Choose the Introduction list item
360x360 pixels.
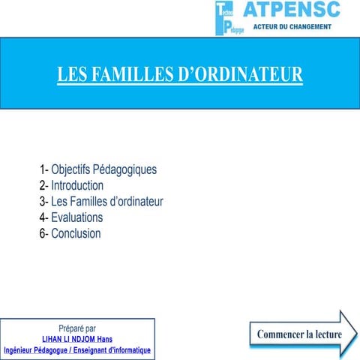pos(77,185)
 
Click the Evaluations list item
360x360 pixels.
pos(76,217)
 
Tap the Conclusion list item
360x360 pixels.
pos(75,233)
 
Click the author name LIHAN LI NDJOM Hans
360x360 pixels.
pos(77,339)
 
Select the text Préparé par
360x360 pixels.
pos(77,328)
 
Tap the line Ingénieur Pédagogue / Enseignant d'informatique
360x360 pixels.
pos(77,350)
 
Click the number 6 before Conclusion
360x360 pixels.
pos(42,233)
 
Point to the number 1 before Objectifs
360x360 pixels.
pos(42,169)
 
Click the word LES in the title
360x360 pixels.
pos(73,75)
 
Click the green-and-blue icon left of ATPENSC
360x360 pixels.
pos(224,18)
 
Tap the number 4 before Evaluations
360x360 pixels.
pos(42,217)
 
